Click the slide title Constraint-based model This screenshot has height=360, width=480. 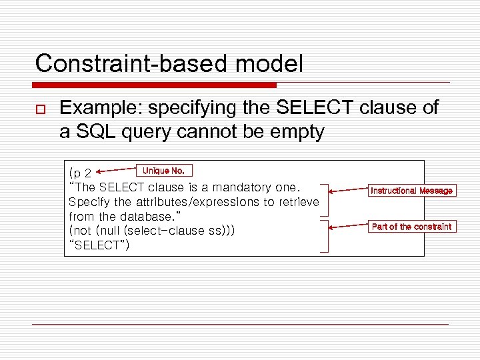point(169,64)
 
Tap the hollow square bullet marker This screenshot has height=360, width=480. point(40,109)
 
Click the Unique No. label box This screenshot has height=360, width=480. point(164,171)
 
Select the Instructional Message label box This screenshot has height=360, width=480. point(411,191)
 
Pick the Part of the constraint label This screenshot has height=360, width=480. point(411,227)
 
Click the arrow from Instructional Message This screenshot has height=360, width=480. point(347,191)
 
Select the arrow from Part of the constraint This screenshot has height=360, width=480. point(347,227)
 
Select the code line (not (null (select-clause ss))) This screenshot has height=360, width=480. point(152,231)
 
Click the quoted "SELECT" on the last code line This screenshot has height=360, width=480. point(99,245)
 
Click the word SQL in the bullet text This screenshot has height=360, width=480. point(93,132)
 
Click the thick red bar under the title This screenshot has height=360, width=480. point(154,85)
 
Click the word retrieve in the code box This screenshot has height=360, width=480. point(298,202)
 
